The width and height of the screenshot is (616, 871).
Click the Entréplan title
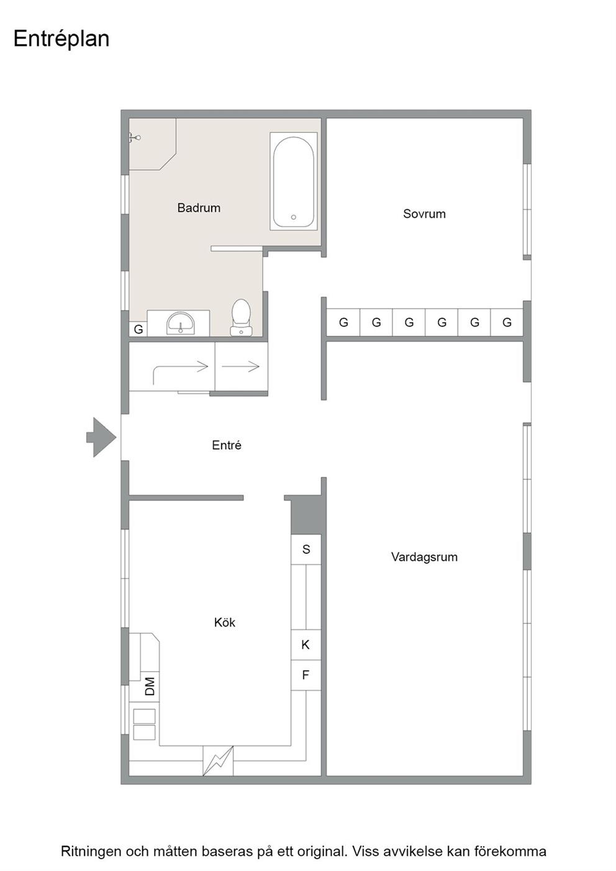(61, 40)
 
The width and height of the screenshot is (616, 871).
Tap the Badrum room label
(199, 208)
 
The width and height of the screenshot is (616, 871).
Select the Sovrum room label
(424, 214)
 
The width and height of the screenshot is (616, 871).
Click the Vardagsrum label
(424, 557)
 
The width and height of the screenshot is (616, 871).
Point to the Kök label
(224, 623)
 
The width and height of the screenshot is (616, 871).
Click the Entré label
(226, 445)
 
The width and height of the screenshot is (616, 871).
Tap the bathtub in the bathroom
(294, 181)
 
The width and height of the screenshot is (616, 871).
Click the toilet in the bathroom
(241, 317)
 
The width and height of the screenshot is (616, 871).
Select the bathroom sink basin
(181, 323)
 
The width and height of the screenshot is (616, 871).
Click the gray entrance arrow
(101, 437)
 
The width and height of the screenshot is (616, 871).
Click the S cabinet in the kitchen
(306, 549)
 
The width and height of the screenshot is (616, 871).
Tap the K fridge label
(306, 645)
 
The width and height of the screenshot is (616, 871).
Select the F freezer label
(306, 675)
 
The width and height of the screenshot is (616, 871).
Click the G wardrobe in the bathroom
(138, 330)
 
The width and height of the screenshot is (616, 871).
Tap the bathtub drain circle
(294, 217)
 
